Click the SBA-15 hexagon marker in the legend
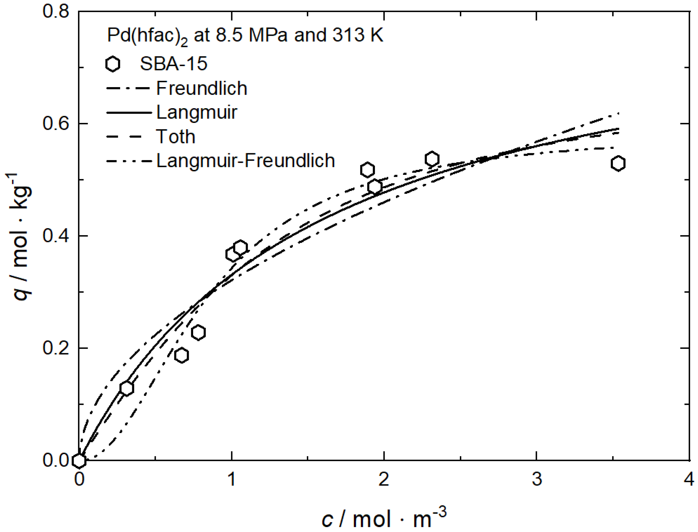click(x=113, y=64)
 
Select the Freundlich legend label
click(x=201, y=88)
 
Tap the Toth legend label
click(x=176, y=136)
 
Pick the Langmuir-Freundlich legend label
click(x=246, y=160)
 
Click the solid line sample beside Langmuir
click(x=129, y=113)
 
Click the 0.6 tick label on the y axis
click(x=56, y=123)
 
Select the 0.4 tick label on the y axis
click(x=56, y=236)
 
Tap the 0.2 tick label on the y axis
click(x=56, y=348)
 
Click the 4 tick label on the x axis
click(x=689, y=479)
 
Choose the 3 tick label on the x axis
click(x=537, y=479)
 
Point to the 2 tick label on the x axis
click(x=384, y=479)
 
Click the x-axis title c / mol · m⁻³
click(x=384, y=518)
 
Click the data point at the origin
click(x=79, y=461)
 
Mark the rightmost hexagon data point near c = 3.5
click(x=618, y=164)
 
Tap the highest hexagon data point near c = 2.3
click(x=432, y=159)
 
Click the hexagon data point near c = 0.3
click(x=127, y=388)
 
